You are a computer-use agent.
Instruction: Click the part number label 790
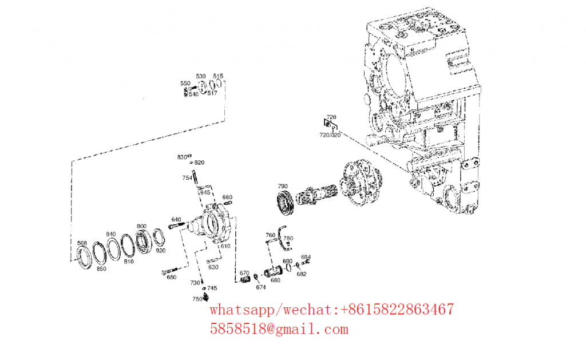[283, 186]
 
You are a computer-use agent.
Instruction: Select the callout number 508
[82, 243]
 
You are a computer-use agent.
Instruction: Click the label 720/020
[330, 135]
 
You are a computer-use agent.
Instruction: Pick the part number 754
[187, 178]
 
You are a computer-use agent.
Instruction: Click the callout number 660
[227, 197]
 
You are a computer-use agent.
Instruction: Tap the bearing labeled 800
[144, 242]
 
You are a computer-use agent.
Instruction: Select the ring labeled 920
[159, 238]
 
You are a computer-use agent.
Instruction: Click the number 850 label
[101, 269]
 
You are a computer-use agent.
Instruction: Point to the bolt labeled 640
[177, 226]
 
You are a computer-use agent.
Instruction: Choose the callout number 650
[172, 278]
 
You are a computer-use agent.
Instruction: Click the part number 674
[261, 287]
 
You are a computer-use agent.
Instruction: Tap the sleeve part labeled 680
[273, 271]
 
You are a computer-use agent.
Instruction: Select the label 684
[306, 257]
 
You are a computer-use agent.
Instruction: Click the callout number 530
[201, 76]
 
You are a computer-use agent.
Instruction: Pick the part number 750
[197, 299]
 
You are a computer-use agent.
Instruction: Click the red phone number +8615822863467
[397, 310]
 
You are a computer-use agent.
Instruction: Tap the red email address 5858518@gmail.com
[279, 329]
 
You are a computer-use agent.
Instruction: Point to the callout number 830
[182, 157]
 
